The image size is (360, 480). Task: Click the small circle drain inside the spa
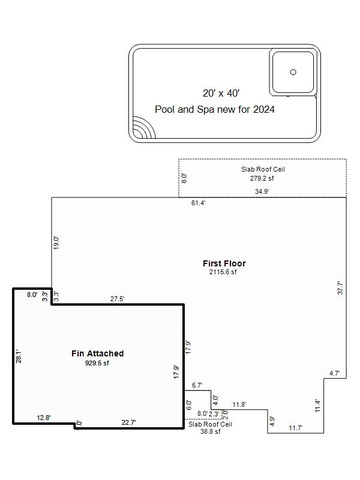(293, 72)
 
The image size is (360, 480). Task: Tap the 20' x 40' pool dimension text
(221, 93)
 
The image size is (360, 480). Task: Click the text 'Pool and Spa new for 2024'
(215, 109)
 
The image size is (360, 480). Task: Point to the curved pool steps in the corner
(144, 127)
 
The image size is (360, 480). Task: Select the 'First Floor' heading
(224, 263)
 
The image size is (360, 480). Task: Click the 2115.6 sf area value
(223, 272)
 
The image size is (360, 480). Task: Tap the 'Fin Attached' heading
(97, 353)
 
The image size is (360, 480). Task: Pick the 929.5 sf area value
(97, 363)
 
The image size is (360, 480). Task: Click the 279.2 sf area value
(262, 178)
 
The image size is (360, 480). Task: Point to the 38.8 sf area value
(210, 432)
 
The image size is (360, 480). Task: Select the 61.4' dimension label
(198, 203)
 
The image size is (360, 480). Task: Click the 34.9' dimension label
(262, 192)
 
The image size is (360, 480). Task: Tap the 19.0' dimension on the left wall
(57, 243)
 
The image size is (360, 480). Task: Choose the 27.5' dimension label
(117, 299)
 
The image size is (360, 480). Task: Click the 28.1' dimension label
(19, 356)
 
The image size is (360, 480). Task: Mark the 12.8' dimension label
(44, 418)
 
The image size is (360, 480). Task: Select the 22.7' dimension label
(129, 423)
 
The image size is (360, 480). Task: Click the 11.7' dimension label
(296, 428)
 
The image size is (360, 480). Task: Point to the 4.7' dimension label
(334, 373)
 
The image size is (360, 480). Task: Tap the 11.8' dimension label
(239, 405)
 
